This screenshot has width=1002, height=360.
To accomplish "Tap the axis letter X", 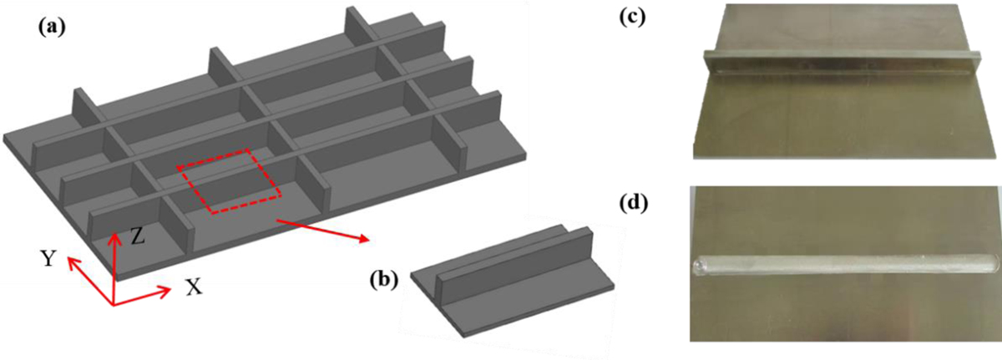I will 194,287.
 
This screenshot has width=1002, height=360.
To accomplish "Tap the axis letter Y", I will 49,259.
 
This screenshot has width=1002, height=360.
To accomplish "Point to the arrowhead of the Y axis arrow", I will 69,261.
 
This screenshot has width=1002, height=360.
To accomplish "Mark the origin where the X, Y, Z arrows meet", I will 114,305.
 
